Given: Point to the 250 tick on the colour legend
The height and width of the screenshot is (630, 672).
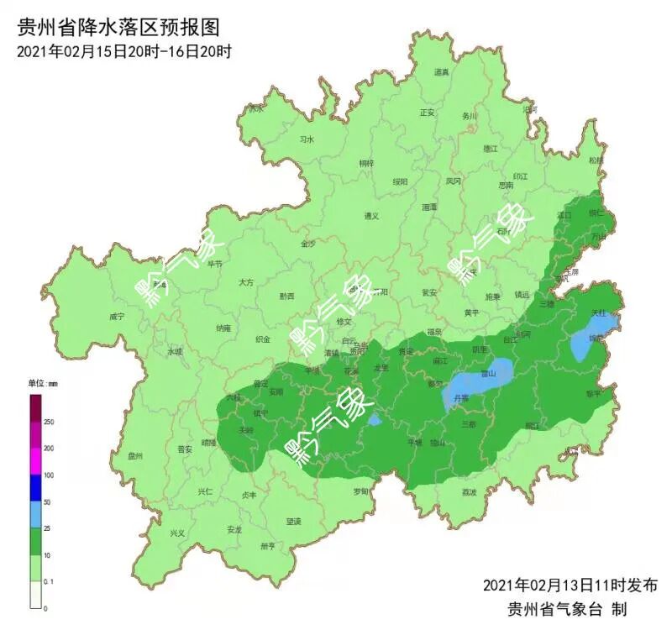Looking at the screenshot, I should click(x=49, y=422).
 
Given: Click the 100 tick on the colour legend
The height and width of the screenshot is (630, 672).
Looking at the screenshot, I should click(x=49, y=475).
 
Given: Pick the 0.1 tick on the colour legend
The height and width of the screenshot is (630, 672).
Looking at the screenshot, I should click(x=50, y=580).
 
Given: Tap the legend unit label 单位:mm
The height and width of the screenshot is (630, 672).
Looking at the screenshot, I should click(x=44, y=383).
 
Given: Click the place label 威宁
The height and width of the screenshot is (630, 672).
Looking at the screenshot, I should click(x=117, y=317).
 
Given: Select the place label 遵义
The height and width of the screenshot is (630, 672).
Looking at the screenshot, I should click(x=371, y=216).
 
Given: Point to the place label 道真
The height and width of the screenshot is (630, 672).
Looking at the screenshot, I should click(x=441, y=73).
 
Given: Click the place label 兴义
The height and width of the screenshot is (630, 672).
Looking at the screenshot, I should click(x=177, y=533).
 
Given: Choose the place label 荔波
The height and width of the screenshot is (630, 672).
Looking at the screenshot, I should click(x=469, y=492).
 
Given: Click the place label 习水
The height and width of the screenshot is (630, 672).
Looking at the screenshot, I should click(x=307, y=139).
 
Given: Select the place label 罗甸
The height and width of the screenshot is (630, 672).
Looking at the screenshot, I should click(x=360, y=491).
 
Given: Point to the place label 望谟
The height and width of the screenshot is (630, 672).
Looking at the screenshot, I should click(x=293, y=521).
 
